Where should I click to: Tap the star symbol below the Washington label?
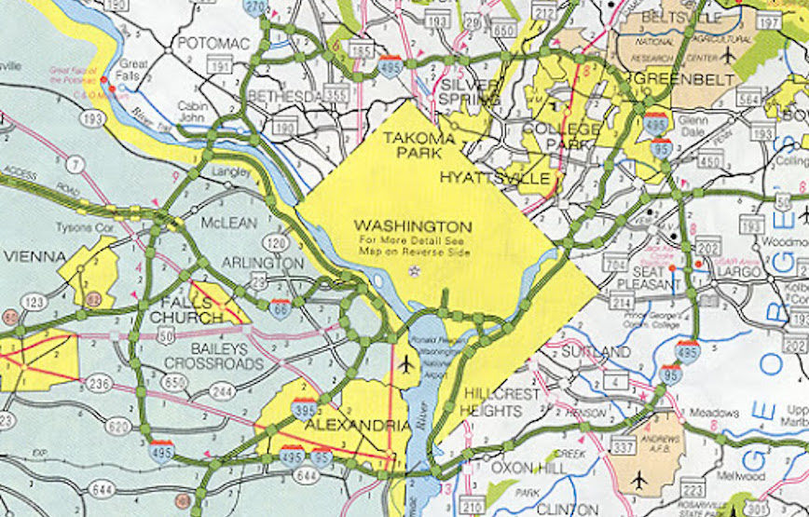pyautogui.click(x=416, y=270)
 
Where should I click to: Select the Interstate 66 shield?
pyautogui.click(x=280, y=308)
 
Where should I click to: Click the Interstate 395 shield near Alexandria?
pyautogui.click(x=303, y=407)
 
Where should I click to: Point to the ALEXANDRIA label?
pyautogui.click(x=357, y=426)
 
